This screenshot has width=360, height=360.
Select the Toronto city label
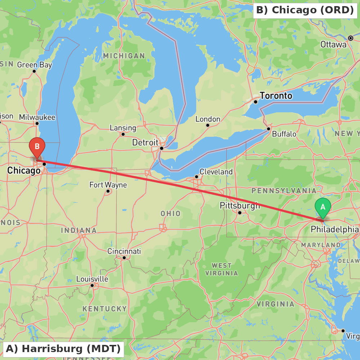pyautogui.click(x=276, y=96)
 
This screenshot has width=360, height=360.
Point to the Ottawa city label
pyautogui.click(x=333, y=45)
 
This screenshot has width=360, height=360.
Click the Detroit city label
pyautogui.click(x=145, y=142)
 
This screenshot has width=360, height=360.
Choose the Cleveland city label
pyautogui.click(x=216, y=172)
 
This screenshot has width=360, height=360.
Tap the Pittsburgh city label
pyautogui.click(x=240, y=206)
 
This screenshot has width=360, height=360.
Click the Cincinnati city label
pyautogui.click(x=124, y=251)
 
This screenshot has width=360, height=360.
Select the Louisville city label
pyautogui.click(x=92, y=279)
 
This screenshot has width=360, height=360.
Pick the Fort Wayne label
pyautogui.click(x=108, y=185)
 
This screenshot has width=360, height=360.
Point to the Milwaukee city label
pyautogui.click(x=37, y=117)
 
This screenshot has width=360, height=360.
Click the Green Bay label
pyautogui.click(x=35, y=65)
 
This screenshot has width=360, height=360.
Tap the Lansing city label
pyautogui.click(x=123, y=128)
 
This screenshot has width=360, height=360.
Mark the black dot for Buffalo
pyautogui.click(x=269, y=129)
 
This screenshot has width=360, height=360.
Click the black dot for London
pyautogui.click(x=208, y=125)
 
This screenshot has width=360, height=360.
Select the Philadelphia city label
pyautogui.click(x=335, y=229)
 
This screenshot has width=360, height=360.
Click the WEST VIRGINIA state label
pyautogui.click(x=222, y=269)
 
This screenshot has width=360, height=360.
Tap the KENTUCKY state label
pyautogui.click(x=105, y=309)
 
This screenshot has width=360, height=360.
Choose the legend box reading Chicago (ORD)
pyautogui.click(x=305, y=10)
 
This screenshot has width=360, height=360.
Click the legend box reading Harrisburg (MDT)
pyautogui.click(x=63, y=349)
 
